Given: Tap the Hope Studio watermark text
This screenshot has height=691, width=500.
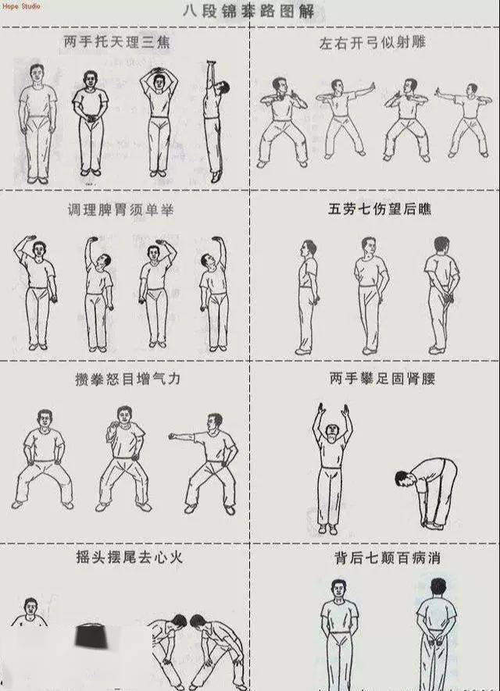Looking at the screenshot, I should click(x=20, y=6).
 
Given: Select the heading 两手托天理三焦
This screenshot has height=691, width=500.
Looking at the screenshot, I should click(x=116, y=42).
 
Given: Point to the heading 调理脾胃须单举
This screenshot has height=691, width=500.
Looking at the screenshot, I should click(x=117, y=211).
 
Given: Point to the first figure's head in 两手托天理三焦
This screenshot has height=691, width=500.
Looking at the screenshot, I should click(x=36, y=74).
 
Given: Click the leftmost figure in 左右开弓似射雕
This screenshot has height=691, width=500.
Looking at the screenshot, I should click(x=278, y=121).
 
